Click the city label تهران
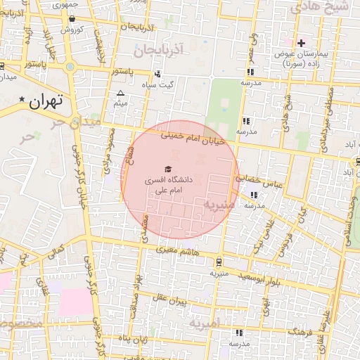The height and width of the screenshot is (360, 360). click(x=47, y=101)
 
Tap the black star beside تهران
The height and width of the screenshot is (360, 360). click(x=22, y=100)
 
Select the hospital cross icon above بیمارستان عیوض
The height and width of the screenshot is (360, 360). click(x=302, y=43)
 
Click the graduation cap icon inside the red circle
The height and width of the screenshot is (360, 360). click(x=167, y=169)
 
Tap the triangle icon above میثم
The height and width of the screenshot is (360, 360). click(x=120, y=94)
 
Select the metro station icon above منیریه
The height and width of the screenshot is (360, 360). click(x=219, y=262)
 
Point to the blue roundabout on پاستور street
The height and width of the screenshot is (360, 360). click(x=70, y=67)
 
